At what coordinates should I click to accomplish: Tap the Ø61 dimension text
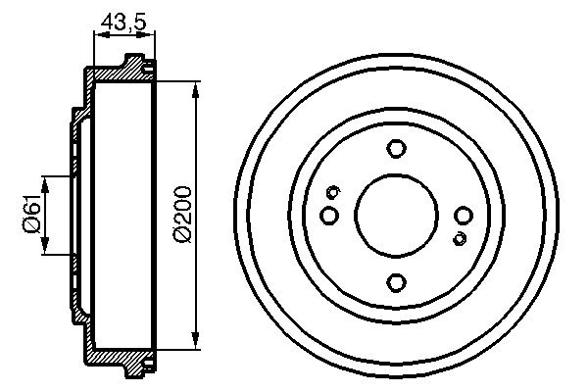point(30,214)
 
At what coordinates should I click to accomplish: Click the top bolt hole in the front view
point(396,149)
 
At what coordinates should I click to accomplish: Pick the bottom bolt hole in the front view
point(396,282)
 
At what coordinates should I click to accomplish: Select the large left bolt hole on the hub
point(329,215)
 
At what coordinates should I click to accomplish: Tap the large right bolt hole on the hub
point(464,216)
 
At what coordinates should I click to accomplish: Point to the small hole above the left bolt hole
point(333,191)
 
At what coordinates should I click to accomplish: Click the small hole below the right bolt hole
point(459,238)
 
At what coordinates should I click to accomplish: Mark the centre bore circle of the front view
point(396,216)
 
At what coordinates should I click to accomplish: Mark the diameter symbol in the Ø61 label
point(30,225)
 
